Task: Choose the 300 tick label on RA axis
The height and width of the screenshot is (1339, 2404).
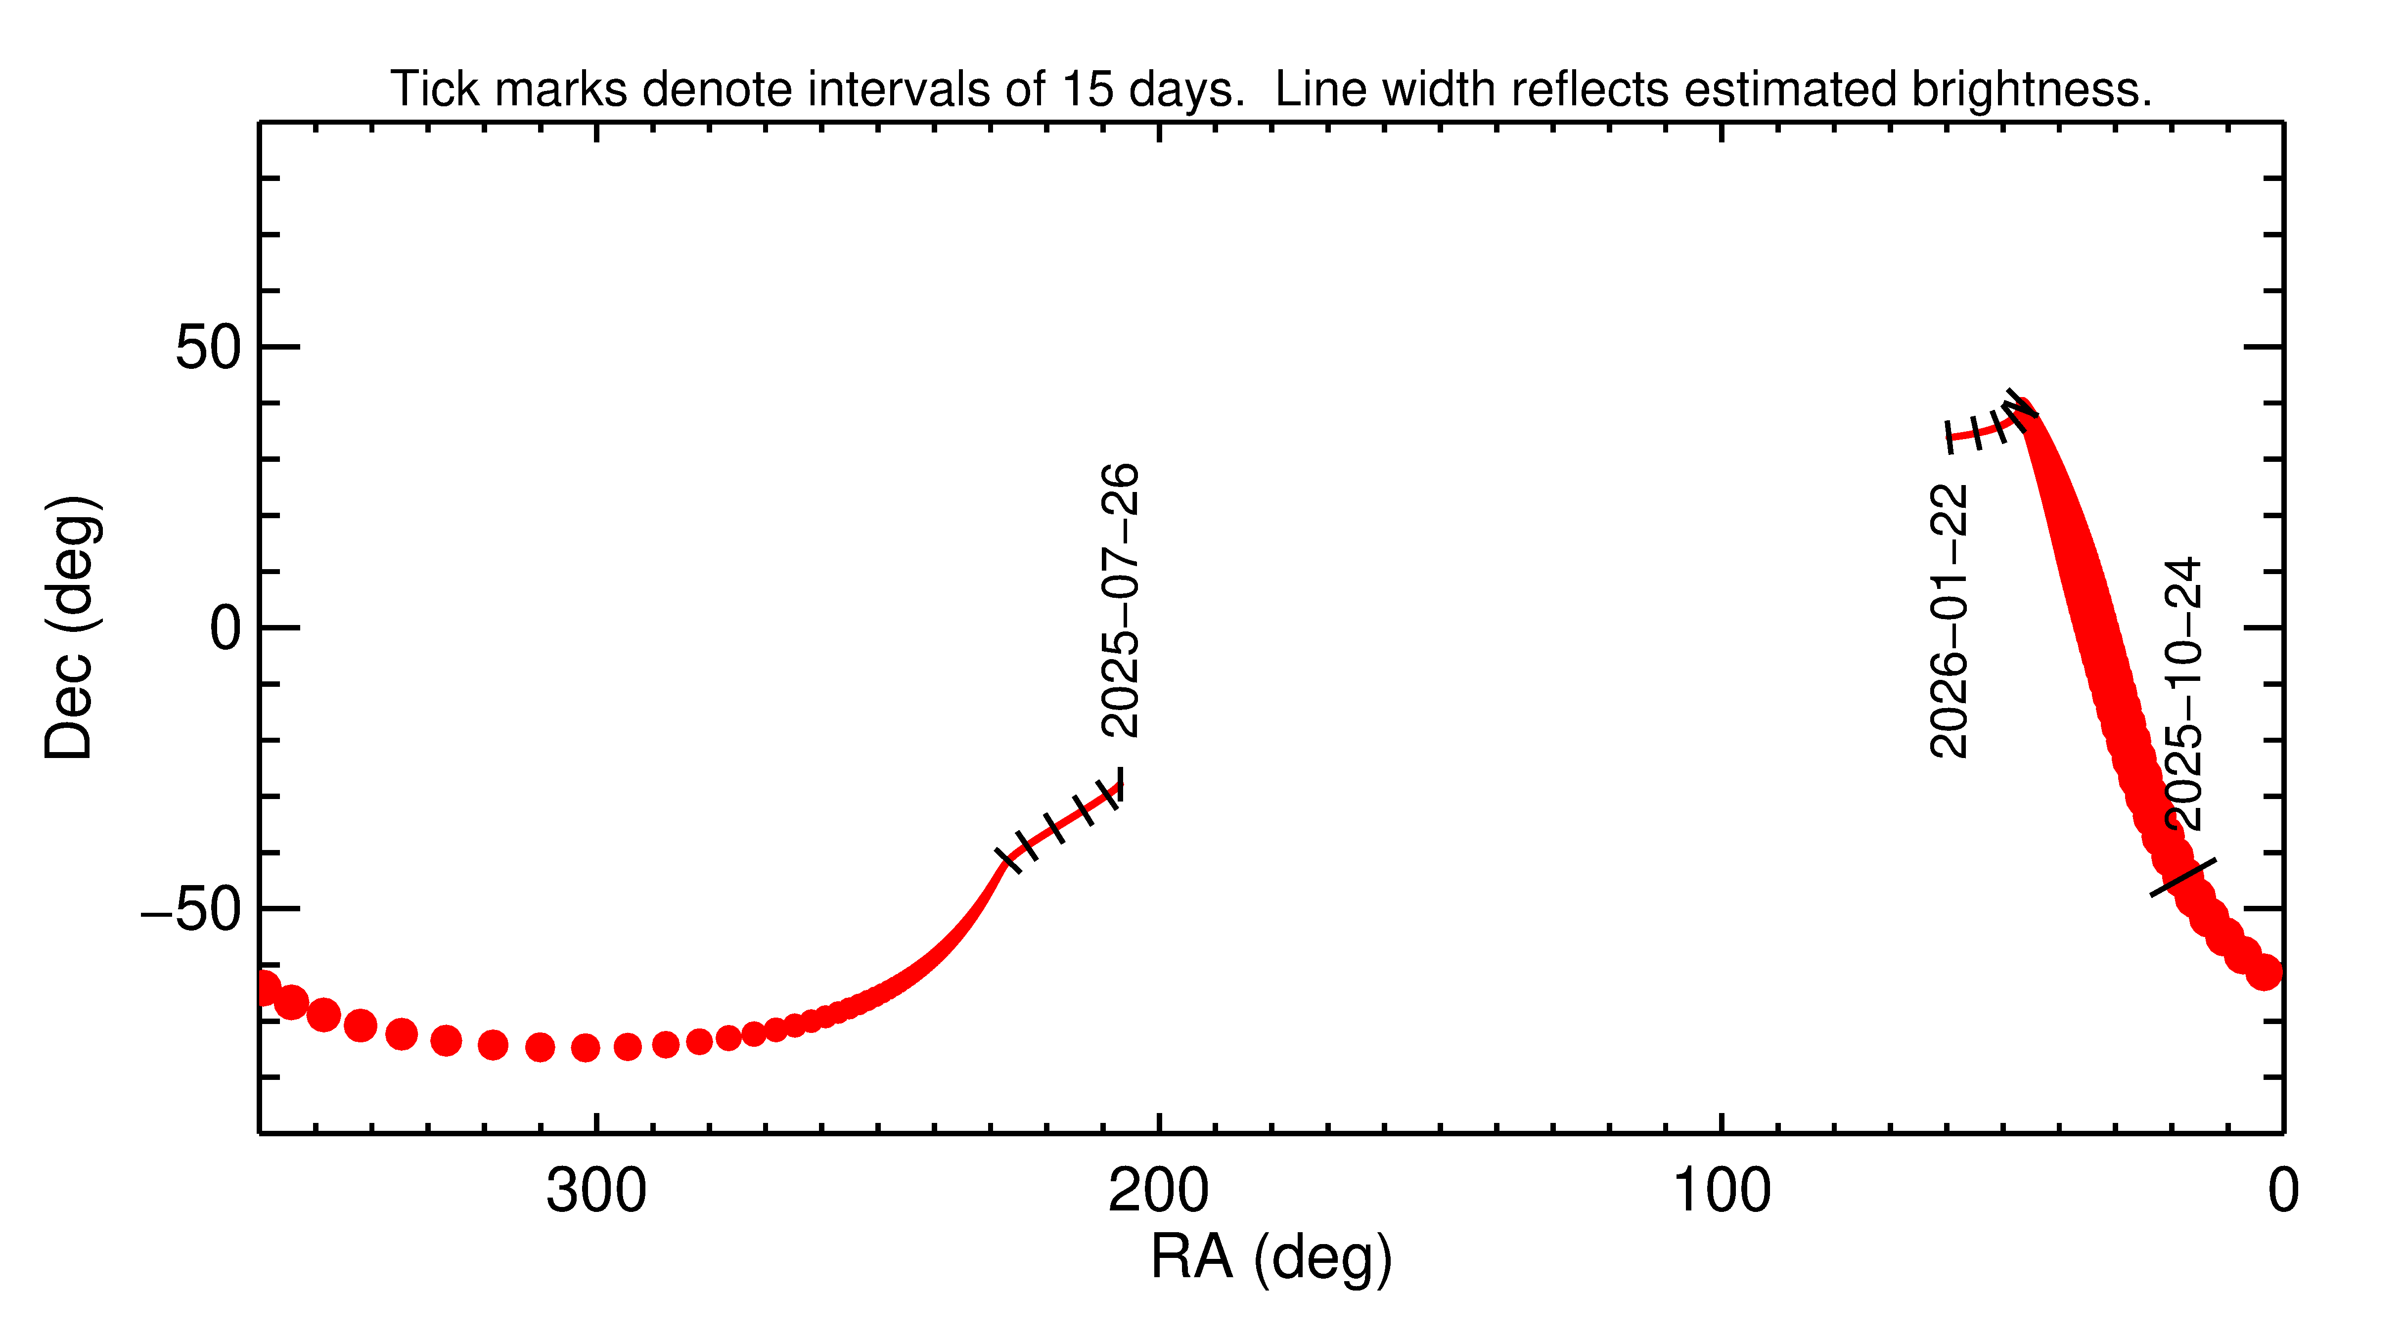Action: (x=596, y=1192)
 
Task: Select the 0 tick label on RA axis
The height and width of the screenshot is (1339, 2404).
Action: (x=2283, y=1192)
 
